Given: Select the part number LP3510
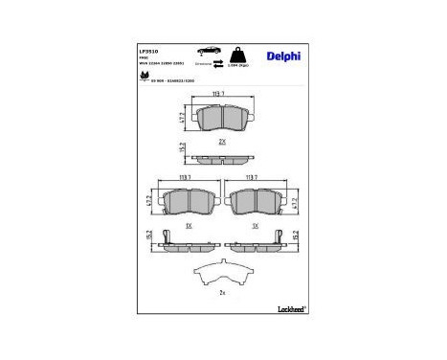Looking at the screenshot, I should (148, 49).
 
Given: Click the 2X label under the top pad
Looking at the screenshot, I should (222, 140).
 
